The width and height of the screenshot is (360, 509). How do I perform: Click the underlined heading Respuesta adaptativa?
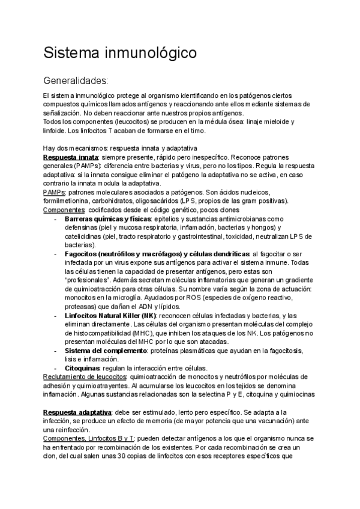pyautogui.click(x=77, y=412)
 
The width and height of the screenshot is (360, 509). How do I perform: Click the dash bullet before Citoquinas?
pyautogui.click(x=55, y=367)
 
